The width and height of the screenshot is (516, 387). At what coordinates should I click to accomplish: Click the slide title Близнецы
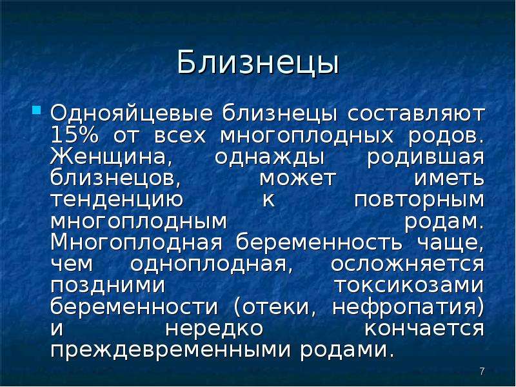point(257,63)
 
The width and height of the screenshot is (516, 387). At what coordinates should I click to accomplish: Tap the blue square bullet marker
point(37,110)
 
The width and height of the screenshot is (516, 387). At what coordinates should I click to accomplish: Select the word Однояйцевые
point(132,115)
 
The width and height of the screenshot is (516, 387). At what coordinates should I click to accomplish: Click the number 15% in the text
point(75,135)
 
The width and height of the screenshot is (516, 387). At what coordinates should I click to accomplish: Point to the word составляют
point(416,114)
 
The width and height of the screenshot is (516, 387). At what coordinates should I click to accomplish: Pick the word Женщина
point(112,157)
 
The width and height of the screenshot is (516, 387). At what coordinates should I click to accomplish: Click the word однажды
point(270,158)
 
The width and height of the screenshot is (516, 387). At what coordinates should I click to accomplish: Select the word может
point(298,179)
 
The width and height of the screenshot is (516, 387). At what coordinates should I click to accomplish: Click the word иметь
point(449,179)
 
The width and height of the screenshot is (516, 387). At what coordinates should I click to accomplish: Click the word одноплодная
point(212,264)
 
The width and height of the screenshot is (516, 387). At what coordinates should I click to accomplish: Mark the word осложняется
point(408,264)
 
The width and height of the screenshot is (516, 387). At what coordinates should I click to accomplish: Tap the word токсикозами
point(410,286)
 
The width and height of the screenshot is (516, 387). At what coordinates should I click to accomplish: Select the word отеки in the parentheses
point(272,307)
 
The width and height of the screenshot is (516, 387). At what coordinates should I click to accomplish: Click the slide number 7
point(482,372)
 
